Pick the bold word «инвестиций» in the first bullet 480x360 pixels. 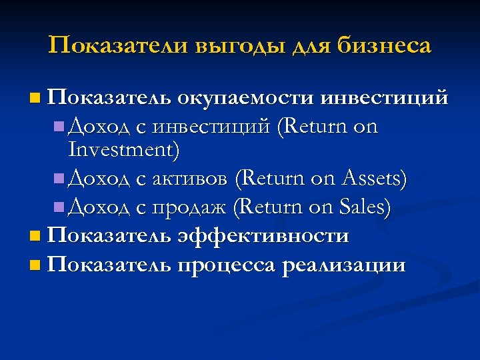384,99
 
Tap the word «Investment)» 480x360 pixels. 124,150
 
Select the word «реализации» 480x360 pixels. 344,266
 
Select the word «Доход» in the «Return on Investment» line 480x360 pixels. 94,125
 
